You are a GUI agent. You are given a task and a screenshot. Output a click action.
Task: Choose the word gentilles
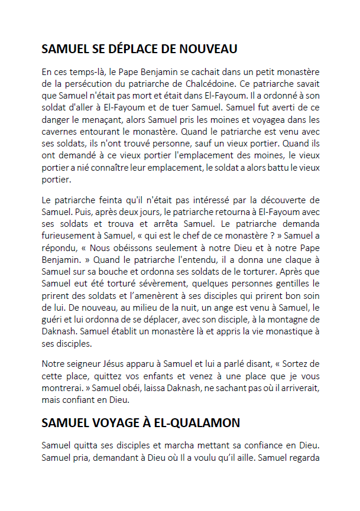coord(283,286)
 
